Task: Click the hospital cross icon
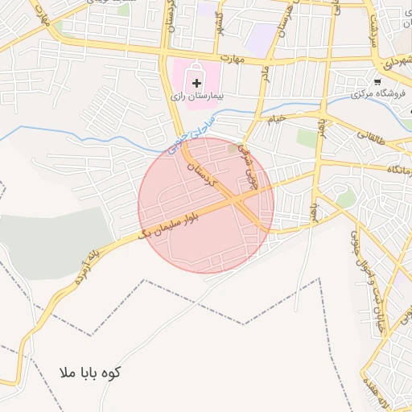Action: [197, 83]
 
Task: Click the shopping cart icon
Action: [377, 80]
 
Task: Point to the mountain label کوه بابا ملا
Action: [90, 373]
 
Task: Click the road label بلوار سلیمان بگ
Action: [179, 219]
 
